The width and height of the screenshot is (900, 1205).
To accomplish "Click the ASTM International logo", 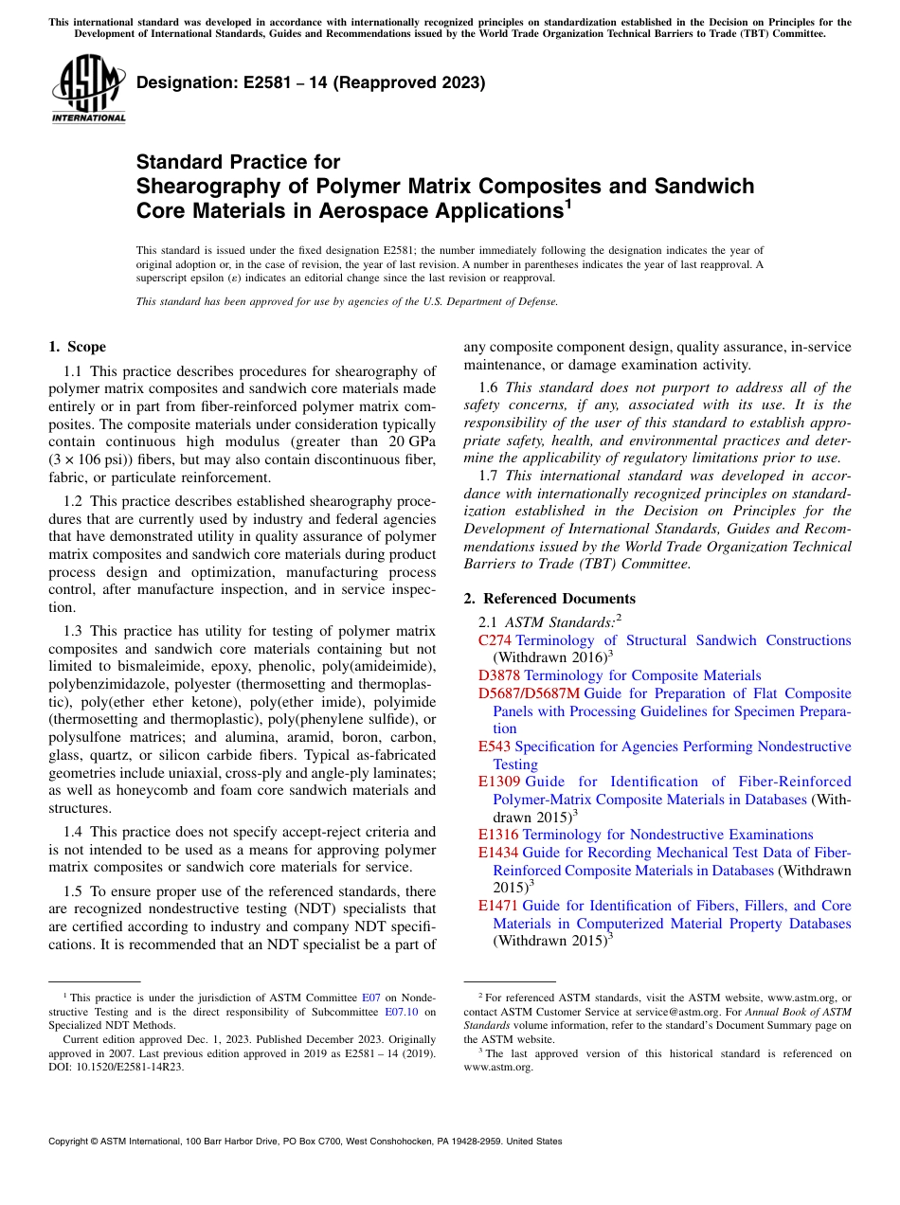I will (88, 90).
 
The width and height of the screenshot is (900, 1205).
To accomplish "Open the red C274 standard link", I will (495, 640).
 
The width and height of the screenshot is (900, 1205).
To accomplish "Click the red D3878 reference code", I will (499, 675).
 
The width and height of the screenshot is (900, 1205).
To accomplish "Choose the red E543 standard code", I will (495, 746).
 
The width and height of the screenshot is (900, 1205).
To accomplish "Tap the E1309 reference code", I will (499, 782).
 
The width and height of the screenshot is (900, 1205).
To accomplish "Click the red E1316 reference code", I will (498, 835).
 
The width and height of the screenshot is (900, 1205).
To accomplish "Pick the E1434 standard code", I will (498, 853).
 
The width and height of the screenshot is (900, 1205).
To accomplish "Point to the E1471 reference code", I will (498, 906).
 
